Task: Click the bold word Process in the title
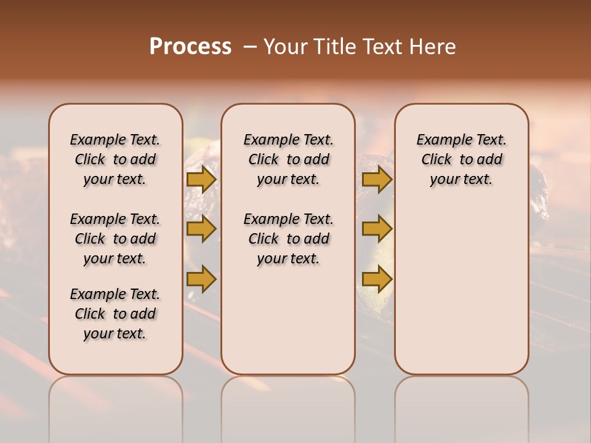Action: pos(190,47)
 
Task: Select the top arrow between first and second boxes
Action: pos(201,180)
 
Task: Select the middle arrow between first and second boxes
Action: pos(201,229)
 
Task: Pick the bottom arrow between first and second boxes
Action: pos(201,279)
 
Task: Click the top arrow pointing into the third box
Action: pos(377,180)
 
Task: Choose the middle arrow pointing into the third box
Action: pos(377,229)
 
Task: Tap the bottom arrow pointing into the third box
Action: pos(377,279)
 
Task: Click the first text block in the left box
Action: pos(115,159)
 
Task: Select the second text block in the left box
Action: pos(115,239)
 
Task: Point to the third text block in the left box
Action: pos(115,314)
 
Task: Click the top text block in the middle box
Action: pos(288,159)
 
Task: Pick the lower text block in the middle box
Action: pos(288,239)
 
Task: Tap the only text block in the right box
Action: pos(461,159)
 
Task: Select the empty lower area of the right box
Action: pos(461,289)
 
